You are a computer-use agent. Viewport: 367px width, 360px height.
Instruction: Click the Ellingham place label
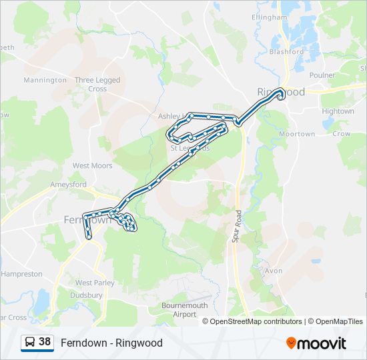(x=269, y=17)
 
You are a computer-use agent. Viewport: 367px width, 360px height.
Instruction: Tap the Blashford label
(x=286, y=51)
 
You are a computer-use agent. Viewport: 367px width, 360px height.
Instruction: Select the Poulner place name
(x=322, y=75)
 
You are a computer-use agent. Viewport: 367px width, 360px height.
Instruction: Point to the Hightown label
(x=338, y=111)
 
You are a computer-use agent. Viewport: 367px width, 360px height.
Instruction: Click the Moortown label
(x=297, y=134)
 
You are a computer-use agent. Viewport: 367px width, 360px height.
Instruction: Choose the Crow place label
(x=342, y=134)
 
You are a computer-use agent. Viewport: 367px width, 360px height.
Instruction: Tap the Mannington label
(x=45, y=80)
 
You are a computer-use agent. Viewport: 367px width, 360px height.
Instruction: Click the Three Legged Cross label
(x=97, y=84)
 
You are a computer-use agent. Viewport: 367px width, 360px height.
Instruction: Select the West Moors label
(x=92, y=165)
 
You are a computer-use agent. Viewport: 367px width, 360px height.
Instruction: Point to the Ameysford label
(x=68, y=184)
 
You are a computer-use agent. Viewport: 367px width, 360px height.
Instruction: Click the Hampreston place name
(x=22, y=274)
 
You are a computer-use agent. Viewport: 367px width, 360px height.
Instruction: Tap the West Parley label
(x=95, y=283)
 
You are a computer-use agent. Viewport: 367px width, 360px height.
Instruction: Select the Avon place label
(x=274, y=271)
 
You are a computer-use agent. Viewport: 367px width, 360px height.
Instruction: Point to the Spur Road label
(x=237, y=227)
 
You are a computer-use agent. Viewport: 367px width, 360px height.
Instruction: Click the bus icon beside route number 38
(x=30, y=343)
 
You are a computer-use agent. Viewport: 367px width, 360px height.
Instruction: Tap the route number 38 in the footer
(x=45, y=342)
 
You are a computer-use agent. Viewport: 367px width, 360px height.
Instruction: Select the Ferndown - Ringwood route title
(x=111, y=343)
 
